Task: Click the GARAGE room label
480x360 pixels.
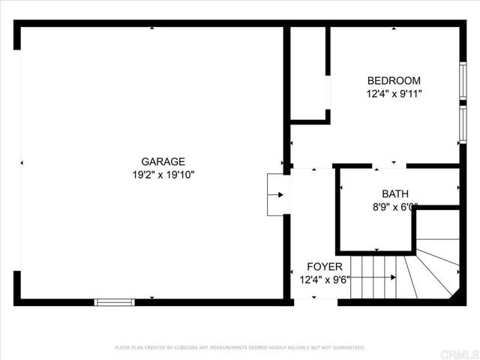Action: [163, 161]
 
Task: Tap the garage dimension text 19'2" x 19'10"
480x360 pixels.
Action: [163, 175]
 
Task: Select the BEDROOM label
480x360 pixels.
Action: [393, 81]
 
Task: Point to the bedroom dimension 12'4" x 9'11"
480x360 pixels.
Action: [394, 94]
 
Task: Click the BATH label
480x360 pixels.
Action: [395, 193]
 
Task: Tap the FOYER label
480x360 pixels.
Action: [325, 267]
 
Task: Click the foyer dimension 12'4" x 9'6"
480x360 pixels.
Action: [325, 280]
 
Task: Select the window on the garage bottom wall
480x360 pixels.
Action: [114, 301]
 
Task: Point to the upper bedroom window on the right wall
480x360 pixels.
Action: [462, 79]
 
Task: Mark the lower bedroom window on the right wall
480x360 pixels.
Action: [462, 124]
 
